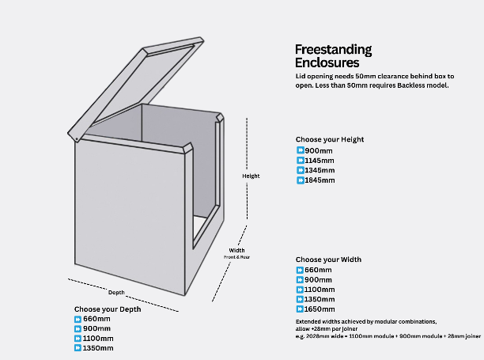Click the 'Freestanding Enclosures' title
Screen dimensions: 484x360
click(333, 55)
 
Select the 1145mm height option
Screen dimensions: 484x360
click(320, 160)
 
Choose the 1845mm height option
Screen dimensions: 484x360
click(320, 180)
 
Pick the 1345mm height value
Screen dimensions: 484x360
click(320, 170)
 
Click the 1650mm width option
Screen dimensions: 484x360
click(320, 309)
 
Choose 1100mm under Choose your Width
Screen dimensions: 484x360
click(320, 290)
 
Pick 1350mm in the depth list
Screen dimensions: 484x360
click(97, 348)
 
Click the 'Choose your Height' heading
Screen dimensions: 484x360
click(330, 139)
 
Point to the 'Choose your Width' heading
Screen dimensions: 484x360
click(329, 260)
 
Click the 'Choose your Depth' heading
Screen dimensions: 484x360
click(108, 309)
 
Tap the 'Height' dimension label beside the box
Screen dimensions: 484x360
click(251, 176)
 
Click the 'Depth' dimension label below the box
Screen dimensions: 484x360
click(116, 293)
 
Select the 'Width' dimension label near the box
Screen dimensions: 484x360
click(236, 251)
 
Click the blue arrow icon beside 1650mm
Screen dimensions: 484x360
click(301, 309)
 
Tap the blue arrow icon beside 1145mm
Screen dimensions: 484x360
click(301, 160)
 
